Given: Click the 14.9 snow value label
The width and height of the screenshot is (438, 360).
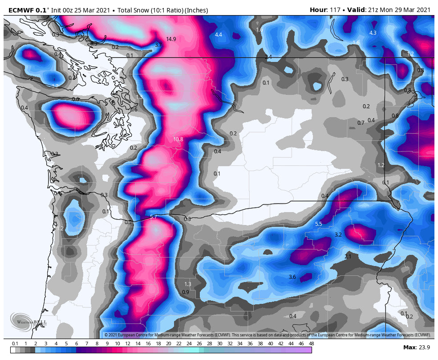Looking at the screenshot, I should [171, 39].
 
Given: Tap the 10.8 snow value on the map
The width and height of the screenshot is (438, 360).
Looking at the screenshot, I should [178, 139].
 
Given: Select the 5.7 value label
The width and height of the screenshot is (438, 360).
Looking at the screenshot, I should [153, 217].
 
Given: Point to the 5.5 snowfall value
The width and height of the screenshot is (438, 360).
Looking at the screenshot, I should [318, 224].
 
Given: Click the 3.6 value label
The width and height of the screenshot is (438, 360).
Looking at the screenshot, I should [292, 277].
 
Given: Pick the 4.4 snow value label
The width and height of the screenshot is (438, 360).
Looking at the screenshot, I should [218, 35].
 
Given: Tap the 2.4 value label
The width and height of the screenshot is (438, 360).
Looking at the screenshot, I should [268, 57].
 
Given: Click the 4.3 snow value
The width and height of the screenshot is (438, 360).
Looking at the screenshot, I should [373, 33].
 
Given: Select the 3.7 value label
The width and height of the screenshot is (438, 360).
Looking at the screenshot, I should [158, 45].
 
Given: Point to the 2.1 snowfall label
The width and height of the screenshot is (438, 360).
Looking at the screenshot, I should [348, 257].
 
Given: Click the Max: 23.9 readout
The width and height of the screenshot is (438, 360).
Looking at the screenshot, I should [417, 347].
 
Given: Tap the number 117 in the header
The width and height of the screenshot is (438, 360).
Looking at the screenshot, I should [333, 10].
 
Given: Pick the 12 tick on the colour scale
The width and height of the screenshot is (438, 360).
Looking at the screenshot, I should [128, 344].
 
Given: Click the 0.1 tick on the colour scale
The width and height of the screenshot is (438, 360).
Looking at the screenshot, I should [15, 344].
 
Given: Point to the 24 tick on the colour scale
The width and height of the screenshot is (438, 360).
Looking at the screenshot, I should [189, 344].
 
